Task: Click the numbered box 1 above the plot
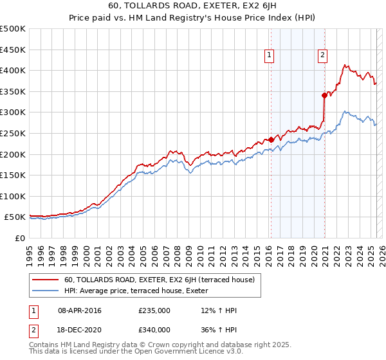(268, 56)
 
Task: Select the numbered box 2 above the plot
(322, 56)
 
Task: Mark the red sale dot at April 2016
(271, 139)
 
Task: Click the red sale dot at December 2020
(324, 95)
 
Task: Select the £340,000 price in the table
(154, 330)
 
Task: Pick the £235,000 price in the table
(154, 310)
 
